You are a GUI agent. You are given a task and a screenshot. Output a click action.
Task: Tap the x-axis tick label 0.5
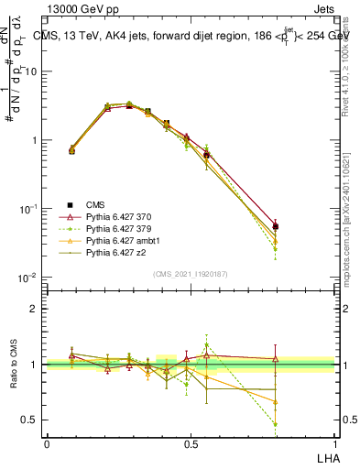(x=191, y=443)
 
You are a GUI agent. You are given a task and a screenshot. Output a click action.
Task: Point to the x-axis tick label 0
(x=47, y=443)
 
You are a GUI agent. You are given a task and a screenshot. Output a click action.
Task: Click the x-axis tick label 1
(x=334, y=443)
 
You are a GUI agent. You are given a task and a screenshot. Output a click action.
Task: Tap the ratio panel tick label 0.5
(x=30, y=420)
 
